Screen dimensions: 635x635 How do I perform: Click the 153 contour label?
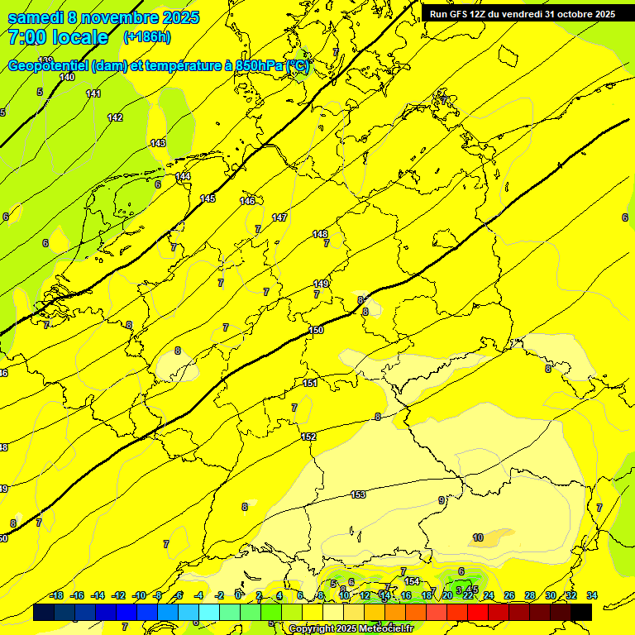tap(358, 494)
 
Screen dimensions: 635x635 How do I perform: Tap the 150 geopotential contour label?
tap(316, 330)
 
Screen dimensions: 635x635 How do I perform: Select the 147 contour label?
tap(279, 217)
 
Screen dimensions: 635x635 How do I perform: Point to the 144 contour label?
tap(183, 176)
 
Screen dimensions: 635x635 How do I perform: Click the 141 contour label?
tap(93, 93)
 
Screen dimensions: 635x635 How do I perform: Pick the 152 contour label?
tap(308, 437)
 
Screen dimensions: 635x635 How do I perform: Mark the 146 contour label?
tap(247, 201)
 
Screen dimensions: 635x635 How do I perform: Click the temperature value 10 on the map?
tap(478, 537)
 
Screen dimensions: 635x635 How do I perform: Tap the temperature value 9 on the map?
tap(442, 500)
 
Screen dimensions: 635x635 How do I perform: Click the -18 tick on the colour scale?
tap(56, 595)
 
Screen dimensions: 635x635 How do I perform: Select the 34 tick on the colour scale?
tap(592, 595)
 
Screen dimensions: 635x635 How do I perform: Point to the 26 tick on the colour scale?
tap(509, 595)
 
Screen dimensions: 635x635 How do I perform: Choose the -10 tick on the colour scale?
tap(139, 595)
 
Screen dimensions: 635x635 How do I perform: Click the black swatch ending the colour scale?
tap(581, 612)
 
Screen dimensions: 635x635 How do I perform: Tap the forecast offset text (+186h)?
tap(146, 37)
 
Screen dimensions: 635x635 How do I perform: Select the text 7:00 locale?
tap(58, 37)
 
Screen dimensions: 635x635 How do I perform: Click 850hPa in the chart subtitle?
tap(259, 66)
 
